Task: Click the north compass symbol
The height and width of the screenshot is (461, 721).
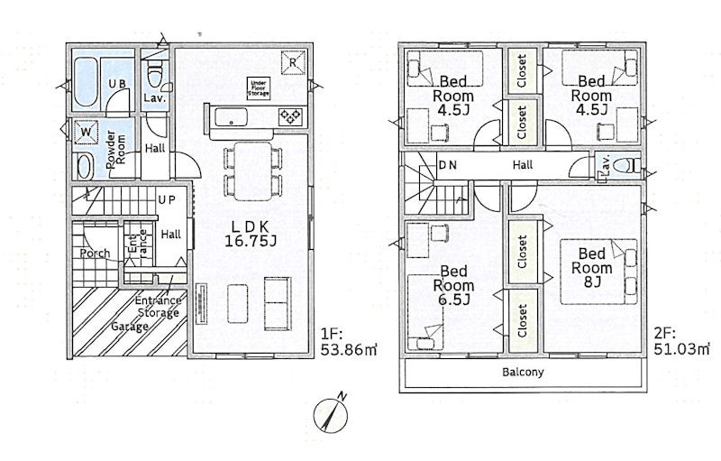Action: [x=331, y=414]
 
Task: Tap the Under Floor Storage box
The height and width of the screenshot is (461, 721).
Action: [x=259, y=87]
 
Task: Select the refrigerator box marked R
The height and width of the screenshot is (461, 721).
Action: [x=293, y=62]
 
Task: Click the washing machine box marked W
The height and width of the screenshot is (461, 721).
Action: [x=86, y=132]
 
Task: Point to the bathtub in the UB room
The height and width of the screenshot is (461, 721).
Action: [x=86, y=83]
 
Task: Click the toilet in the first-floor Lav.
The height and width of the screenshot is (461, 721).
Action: [x=155, y=76]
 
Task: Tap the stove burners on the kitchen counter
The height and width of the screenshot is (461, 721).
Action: [x=290, y=116]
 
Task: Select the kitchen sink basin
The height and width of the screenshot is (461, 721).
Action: [x=231, y=116]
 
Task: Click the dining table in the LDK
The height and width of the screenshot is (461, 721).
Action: [x=253, y=171]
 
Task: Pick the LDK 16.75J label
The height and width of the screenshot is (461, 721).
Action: [x=251, y=234]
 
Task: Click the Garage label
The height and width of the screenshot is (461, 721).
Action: [x=130, y=327]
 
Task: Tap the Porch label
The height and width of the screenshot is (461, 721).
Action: [x=96, y=253]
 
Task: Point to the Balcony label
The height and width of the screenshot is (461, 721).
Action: [x=523, y=372]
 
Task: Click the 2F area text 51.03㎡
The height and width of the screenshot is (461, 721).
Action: [x=681, y=341]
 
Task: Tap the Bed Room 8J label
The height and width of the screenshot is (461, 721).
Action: [x=592, y=267]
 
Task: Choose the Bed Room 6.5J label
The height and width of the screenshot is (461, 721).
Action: [x=453, y=285]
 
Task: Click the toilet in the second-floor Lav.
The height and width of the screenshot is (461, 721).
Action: [x=626, y=165]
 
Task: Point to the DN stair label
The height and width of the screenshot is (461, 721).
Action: [x=447, y=165]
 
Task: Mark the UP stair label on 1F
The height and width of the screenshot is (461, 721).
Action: [x=167, y=200]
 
